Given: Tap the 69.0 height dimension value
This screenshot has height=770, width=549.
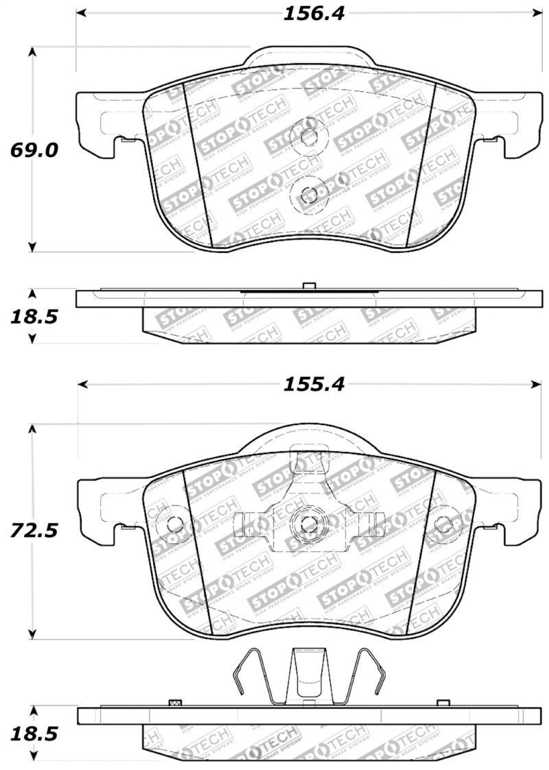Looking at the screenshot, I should pos(29,150).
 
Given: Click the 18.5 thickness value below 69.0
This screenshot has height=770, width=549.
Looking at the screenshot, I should pos(29,316).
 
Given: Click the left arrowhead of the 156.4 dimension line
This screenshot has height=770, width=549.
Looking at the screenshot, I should pos(80,14).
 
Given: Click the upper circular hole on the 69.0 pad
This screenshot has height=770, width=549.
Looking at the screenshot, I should pos(308,136).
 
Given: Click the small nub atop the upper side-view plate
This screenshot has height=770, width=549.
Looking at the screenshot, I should pos(308,286).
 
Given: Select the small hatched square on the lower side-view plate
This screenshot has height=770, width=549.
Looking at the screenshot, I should pos(174,703).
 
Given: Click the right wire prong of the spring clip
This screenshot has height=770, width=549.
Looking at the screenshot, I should pos(371,675).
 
